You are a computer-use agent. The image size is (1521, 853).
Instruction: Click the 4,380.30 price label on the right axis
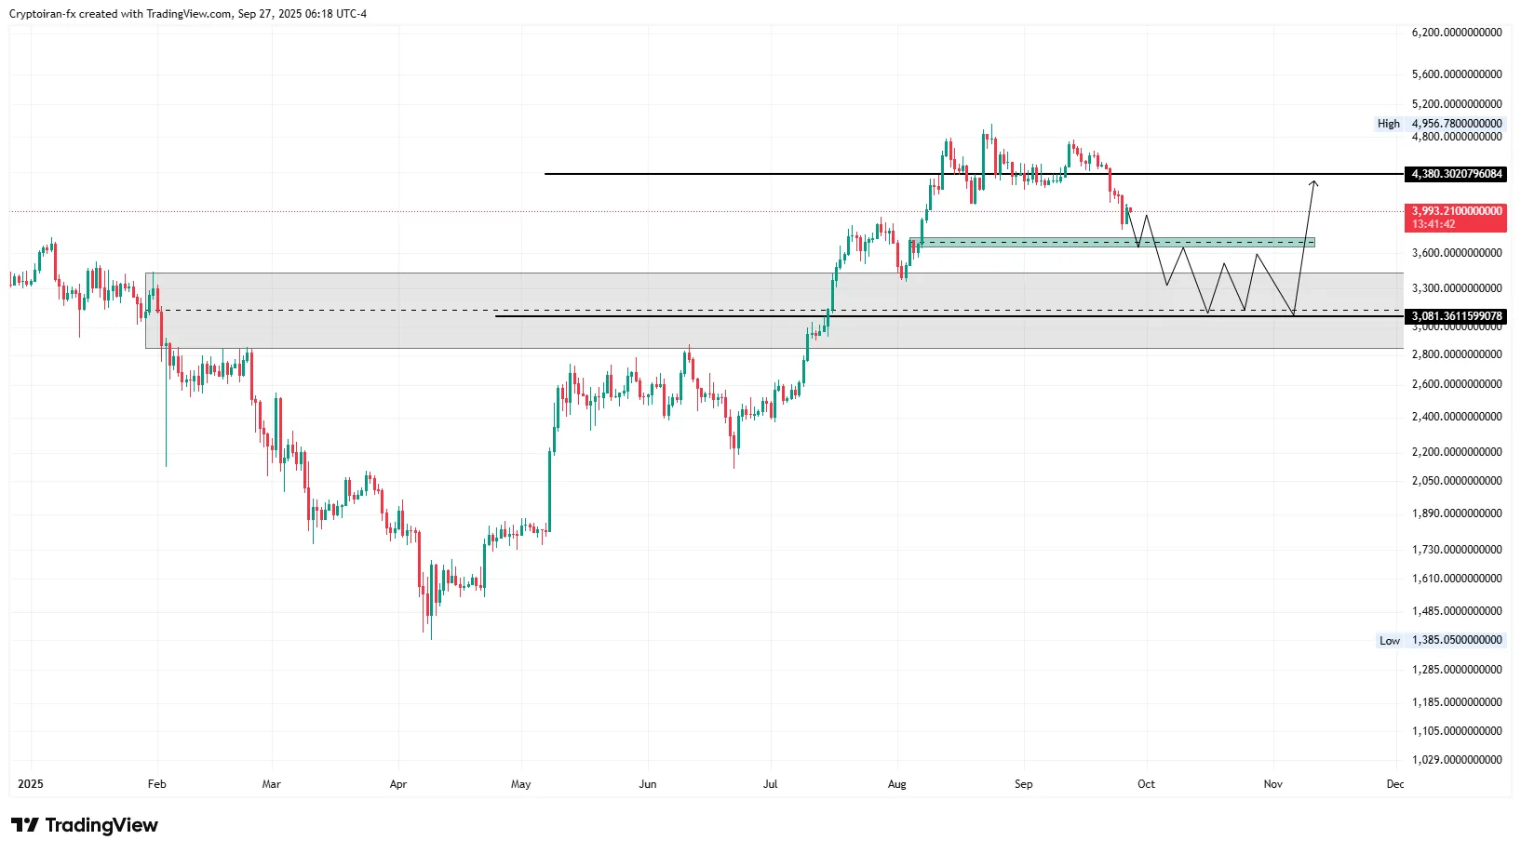click(x=1456, y=174)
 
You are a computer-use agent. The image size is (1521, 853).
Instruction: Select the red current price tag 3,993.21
click(x=1456, y=211)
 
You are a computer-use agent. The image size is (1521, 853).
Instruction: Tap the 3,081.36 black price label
click(x=1456, y=316)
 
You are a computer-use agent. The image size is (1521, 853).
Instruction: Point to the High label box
click(x=1388, y=124)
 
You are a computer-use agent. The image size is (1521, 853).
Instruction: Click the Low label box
click(x=1389, y=641)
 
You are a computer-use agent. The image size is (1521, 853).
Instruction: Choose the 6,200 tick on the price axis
click(x=1456, y=33)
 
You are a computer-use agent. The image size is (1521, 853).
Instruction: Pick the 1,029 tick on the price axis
click(x=1456, y=760)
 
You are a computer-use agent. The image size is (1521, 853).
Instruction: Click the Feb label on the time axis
click(x=156, y=784)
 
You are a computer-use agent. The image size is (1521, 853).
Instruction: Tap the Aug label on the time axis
click(x=896, y=784)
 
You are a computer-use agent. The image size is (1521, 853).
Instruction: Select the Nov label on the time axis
click(x=1272, y=784)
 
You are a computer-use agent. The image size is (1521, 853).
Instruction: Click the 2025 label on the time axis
click(x=31, y=784)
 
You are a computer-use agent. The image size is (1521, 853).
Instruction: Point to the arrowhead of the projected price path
click(x=1313, y=182)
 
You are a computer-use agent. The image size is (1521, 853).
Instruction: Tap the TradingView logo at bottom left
click(x=85, y=825)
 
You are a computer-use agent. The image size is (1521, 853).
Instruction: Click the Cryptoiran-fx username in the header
click(x=42, y=14)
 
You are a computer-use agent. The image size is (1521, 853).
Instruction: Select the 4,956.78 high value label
click(x=1456, y=124)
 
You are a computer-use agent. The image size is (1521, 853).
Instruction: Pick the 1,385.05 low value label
click(x=1456, y=641)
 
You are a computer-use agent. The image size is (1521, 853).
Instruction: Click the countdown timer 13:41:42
click(x=1434, y=224)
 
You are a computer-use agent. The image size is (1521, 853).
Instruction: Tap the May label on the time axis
click(x=520, y=784)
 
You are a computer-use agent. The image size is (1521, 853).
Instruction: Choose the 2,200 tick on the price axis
click(x=1456, y=452)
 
